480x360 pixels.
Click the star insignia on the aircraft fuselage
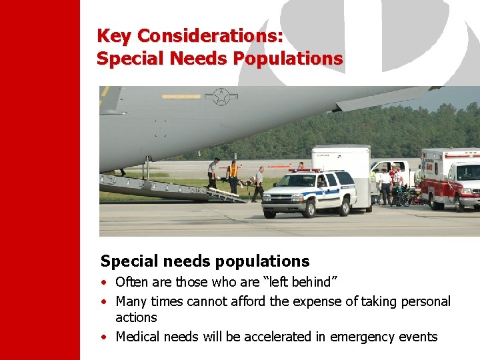tap(220, 97)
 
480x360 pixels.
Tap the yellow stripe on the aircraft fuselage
tap(181, 97)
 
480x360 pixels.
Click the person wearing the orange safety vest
tap(233, 174)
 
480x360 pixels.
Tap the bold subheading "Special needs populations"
tap(205, 261)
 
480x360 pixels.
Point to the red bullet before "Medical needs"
tap(105, 337)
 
